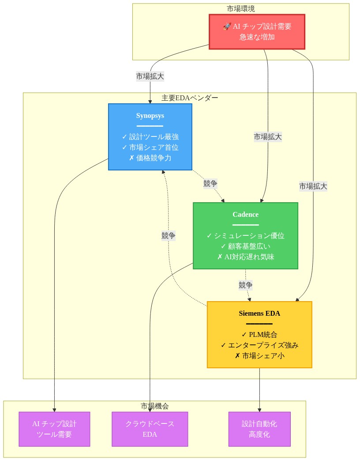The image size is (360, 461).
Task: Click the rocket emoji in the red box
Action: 227,26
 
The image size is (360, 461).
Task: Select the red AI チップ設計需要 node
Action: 257,32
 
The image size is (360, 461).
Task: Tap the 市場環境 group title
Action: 240,8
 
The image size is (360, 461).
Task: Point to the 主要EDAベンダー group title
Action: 189,98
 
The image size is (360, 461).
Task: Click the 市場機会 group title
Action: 154,406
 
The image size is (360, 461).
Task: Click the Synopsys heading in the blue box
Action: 150,116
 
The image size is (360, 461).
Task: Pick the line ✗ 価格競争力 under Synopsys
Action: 150,158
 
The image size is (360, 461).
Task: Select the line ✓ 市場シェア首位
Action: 150,147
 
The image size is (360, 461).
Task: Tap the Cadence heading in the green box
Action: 245,215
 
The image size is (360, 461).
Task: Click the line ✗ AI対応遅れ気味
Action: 245,257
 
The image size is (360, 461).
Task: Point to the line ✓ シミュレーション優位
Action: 245,235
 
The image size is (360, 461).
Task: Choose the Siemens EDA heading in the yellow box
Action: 259,314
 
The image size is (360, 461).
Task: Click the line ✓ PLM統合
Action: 259,334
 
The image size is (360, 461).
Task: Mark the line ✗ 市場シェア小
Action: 259,355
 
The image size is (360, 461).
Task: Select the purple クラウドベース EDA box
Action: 150,429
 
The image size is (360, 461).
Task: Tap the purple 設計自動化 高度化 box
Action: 259,429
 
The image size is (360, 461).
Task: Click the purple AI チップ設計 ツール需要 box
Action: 54,429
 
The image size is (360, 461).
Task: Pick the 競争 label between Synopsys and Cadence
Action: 210,184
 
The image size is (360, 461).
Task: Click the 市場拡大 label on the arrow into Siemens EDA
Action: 313,186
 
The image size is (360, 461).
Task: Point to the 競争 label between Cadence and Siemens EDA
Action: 246,285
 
